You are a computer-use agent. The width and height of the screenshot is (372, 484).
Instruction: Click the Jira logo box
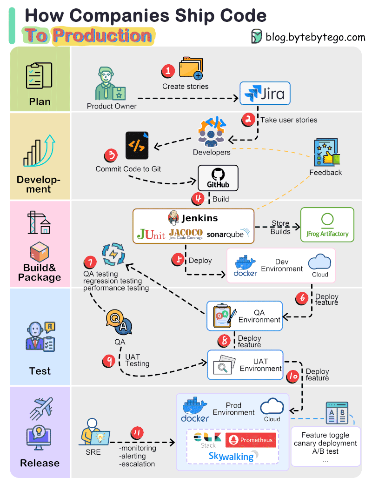(265, 94)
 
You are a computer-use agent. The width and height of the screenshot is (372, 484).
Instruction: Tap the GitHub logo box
(218, 178)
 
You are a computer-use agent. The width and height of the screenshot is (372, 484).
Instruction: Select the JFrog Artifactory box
(327, 225)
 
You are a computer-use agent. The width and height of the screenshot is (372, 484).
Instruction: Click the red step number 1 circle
(168, 71)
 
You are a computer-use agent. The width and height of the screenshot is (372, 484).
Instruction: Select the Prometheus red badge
(251, 440)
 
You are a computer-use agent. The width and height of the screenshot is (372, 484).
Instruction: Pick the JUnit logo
(151, 234)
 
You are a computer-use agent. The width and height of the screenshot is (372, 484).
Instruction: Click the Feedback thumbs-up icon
(325, 153)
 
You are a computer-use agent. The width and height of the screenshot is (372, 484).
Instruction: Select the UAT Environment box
(245, 364)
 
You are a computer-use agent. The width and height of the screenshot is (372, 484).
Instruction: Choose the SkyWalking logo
(231, 457)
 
